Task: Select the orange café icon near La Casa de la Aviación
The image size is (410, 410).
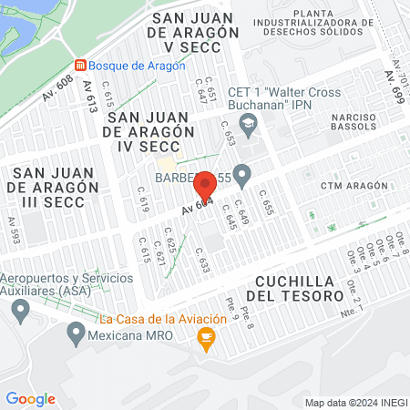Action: click(x=206, y=340)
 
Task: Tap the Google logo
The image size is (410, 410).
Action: click(x=30, y=398)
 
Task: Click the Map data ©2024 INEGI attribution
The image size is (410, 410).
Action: click(x=355, y=403)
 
